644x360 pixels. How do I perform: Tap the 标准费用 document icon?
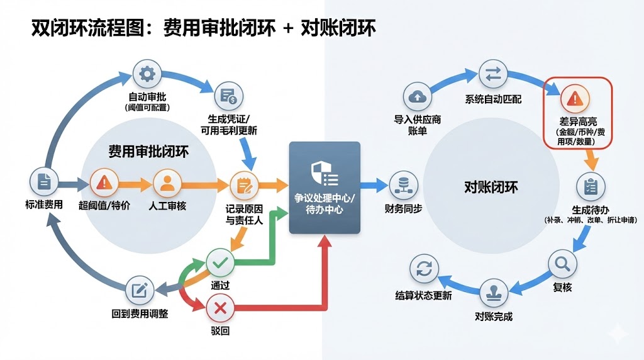[x=44, y=182]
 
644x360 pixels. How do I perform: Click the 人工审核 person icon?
[x=167, y=184]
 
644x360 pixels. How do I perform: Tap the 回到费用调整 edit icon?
[x=139, y=290]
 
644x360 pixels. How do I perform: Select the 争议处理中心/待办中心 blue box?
[x=325, y=187]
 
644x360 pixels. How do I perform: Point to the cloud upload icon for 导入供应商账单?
[x=417, y=96]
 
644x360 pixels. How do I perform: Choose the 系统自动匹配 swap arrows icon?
[x=493, y=75]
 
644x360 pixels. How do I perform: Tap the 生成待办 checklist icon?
[x=591, y=186]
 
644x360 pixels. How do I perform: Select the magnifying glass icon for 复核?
[x=562, y=264]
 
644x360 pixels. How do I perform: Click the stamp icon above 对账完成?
[x=494, y=293]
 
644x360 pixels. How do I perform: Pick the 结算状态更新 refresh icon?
[x=423, y=270]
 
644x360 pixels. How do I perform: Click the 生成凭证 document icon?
[x=228, y=97]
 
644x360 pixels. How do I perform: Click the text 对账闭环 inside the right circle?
[x=491, y=187]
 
